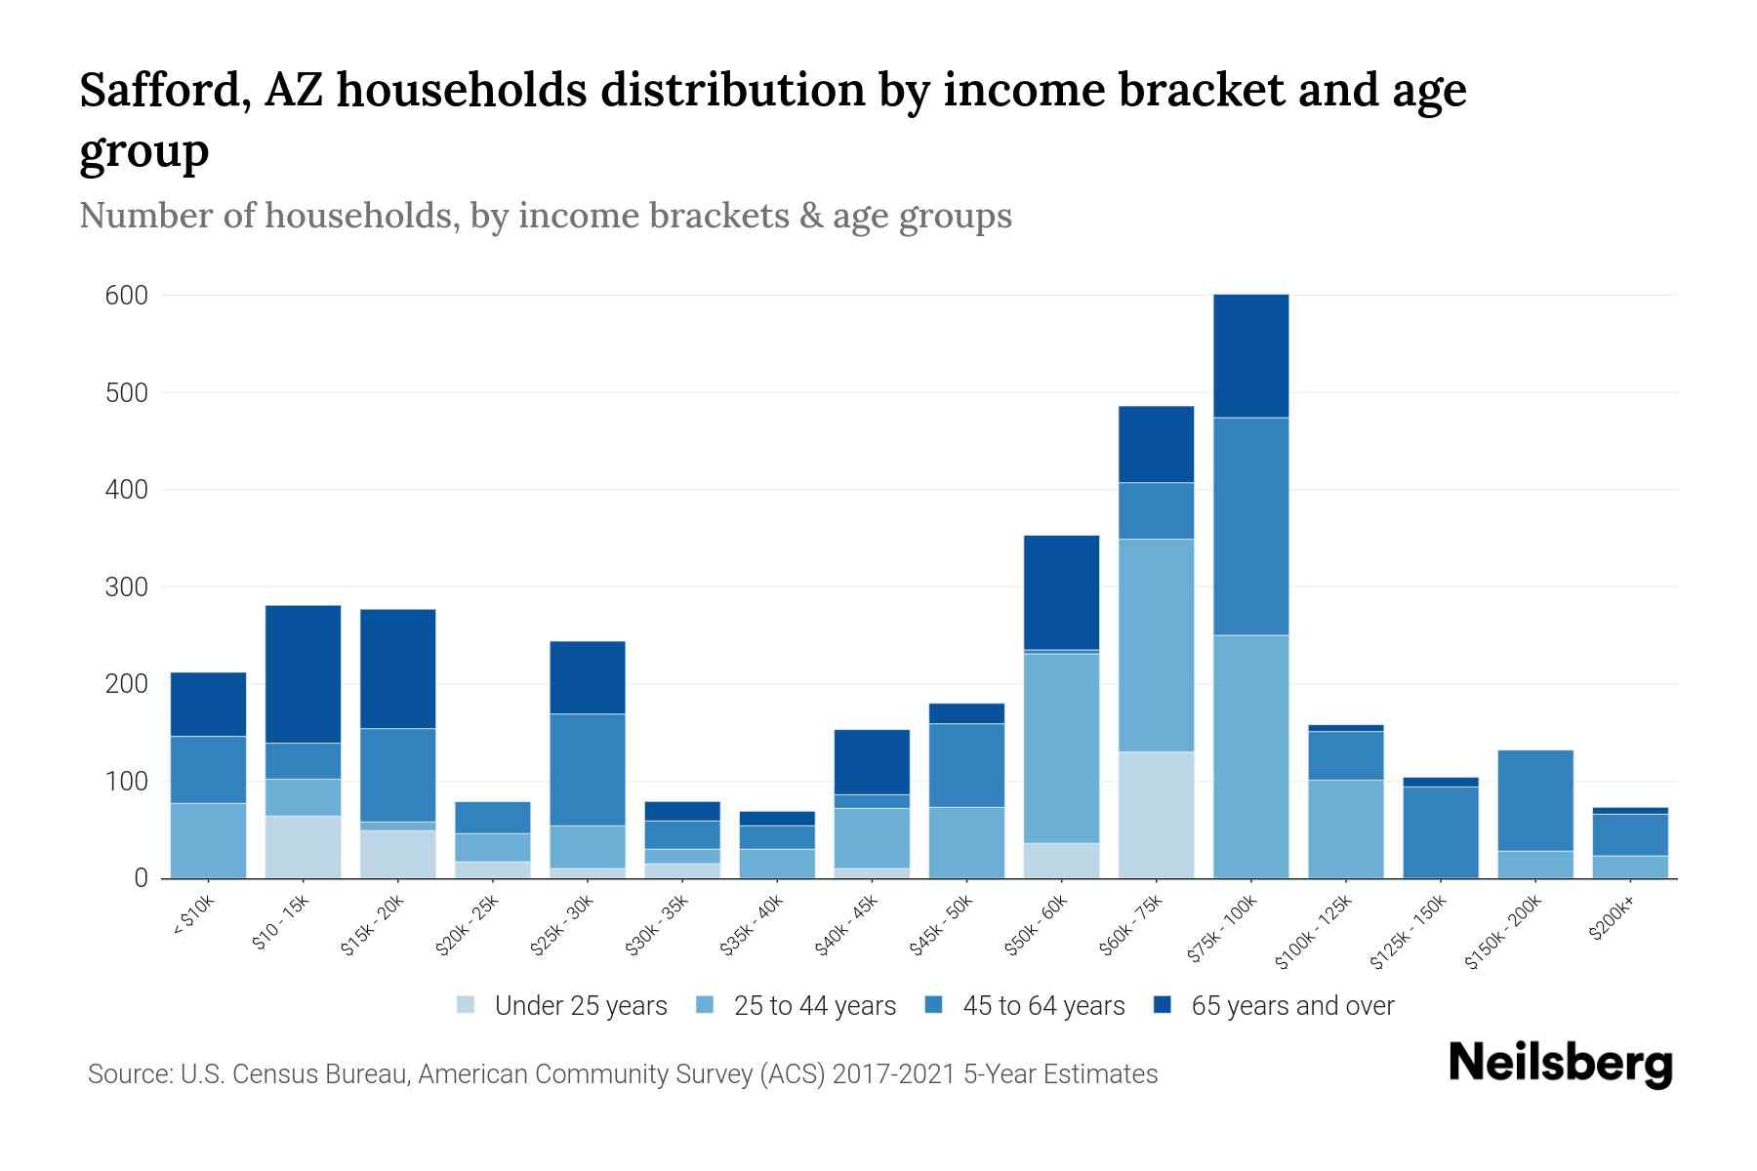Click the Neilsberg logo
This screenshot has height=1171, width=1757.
pos(1560,1064)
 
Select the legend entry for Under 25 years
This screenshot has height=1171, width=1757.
pos(580,1006)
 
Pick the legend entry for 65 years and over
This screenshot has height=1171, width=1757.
pos(1291,1006)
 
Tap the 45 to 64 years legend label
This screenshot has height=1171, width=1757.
pos(1043,1006)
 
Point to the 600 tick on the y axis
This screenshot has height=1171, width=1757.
pos(126,296)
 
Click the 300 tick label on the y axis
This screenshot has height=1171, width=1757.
pos(126,587)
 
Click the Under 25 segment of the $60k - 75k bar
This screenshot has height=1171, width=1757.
pos(1156,815)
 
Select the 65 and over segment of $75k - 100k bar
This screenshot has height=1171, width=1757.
pos(1250,356)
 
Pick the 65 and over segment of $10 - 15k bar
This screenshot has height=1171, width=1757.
pos(304,674)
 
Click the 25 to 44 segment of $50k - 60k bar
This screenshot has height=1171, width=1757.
pos(1061,747)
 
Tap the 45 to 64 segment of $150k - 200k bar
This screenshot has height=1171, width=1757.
pos(1535,800)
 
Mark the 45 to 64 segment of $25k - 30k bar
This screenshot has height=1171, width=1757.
pos(588,770)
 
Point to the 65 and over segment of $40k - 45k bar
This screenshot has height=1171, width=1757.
pos(872,762)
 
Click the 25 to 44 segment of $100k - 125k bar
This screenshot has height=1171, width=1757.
pos(1345,828)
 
